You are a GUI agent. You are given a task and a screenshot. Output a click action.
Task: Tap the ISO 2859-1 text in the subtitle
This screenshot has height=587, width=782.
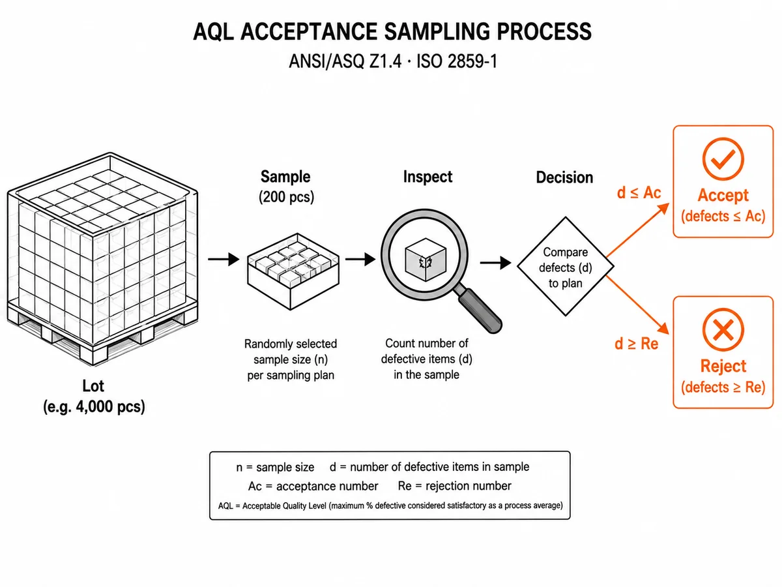click(x=456, y=61)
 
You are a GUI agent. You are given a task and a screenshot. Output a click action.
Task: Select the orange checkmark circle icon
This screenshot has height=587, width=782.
click(x=723, y=159)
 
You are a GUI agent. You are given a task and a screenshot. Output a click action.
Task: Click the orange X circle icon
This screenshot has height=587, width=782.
click(x=723, y=329)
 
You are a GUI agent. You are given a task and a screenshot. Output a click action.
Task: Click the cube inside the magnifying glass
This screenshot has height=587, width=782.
click(x=426, y=260)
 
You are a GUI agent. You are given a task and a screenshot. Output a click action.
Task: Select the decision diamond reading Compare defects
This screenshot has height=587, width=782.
click(x=566, y=266)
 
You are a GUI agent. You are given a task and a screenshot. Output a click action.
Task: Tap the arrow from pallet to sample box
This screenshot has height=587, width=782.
click(x=224, y=259)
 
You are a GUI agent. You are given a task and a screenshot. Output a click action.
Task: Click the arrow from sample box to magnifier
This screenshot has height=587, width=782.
click(x=360, y=259)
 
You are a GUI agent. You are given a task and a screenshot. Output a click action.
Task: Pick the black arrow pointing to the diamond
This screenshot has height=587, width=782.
click(x=495, y=263)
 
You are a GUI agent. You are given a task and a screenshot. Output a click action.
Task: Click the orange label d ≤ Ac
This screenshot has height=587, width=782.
click(x=639, y=193)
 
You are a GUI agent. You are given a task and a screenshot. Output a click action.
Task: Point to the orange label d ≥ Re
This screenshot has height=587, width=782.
click(x=636, y=344)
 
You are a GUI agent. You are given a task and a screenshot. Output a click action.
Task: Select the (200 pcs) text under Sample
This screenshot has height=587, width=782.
click(x=287, y=197)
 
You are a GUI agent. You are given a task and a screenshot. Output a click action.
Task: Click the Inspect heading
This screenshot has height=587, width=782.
click(x=427, y=177)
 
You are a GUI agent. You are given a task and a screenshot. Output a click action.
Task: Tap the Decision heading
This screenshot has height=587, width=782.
click(x=565, y=177)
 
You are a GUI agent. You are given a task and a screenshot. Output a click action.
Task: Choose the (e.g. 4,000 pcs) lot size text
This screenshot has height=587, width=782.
click(x=94, y=406)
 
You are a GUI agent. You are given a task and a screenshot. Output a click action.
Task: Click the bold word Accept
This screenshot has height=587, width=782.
click(x=723, y=195)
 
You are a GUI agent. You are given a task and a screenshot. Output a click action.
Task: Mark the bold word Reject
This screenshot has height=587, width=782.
click(x=723, y=366)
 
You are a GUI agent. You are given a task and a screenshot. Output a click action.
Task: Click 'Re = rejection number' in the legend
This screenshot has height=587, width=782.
click(x=455, y=486)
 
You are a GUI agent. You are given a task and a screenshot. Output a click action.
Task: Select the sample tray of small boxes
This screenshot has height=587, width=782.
click(x=293, y=271)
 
